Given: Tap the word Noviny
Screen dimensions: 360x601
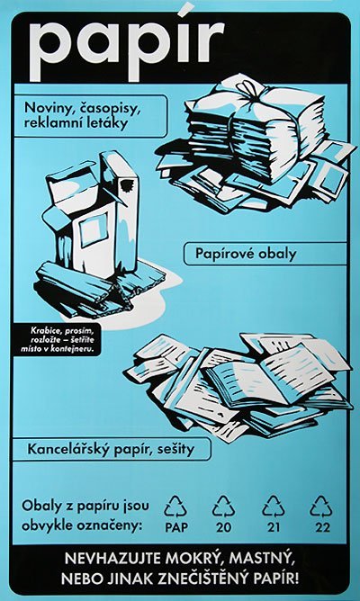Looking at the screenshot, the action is click(x=49, y=109).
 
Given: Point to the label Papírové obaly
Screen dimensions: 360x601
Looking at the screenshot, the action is click(x=246, y=254).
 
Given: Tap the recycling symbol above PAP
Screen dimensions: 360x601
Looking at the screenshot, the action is click(x=175, y=506).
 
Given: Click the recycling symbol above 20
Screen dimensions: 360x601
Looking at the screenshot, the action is click(x=223, y=506).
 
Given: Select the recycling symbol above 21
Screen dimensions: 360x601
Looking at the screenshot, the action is click(x=274, y=506).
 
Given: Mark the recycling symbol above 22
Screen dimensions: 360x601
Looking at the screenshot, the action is click(x=321, y=506).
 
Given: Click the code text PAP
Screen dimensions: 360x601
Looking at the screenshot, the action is click(x=176, y=528).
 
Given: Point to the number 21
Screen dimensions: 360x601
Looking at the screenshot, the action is click(x=274, y=528).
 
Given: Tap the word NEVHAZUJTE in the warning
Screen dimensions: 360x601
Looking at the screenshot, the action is click(x=114, y=559).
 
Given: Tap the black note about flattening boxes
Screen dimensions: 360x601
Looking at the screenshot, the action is click(x=58, y=339).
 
